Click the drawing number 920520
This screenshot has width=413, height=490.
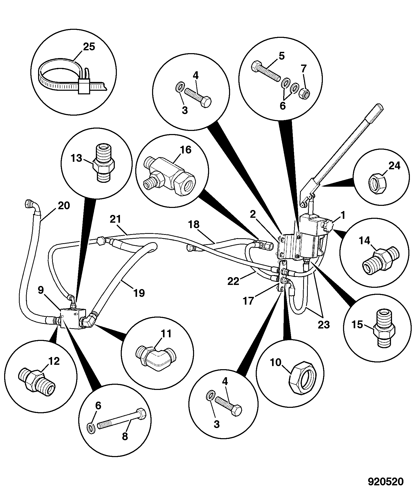point(386,481)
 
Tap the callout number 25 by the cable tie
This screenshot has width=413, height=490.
point(89,47)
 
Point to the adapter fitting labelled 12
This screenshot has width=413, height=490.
point(37,382)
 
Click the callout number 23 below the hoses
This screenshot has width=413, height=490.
point(324,324)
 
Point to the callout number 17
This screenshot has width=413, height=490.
point(248,301)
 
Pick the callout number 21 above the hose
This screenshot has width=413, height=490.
point(115,219)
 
